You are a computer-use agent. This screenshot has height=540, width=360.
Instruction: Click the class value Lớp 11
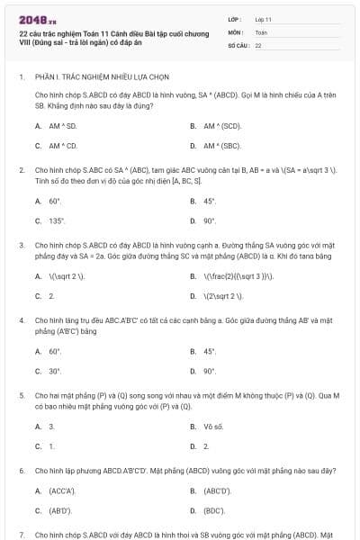point(263,18)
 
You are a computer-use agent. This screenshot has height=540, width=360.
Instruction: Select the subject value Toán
point(261,31)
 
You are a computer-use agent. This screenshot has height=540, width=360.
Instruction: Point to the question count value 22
point(258,44)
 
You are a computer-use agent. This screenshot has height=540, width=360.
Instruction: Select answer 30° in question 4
point(55,371)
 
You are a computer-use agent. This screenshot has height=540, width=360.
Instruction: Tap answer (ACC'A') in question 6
point(61,490)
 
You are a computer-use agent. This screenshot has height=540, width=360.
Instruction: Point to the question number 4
point(21,319)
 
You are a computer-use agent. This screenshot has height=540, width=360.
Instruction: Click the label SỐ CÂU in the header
point(238,44)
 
